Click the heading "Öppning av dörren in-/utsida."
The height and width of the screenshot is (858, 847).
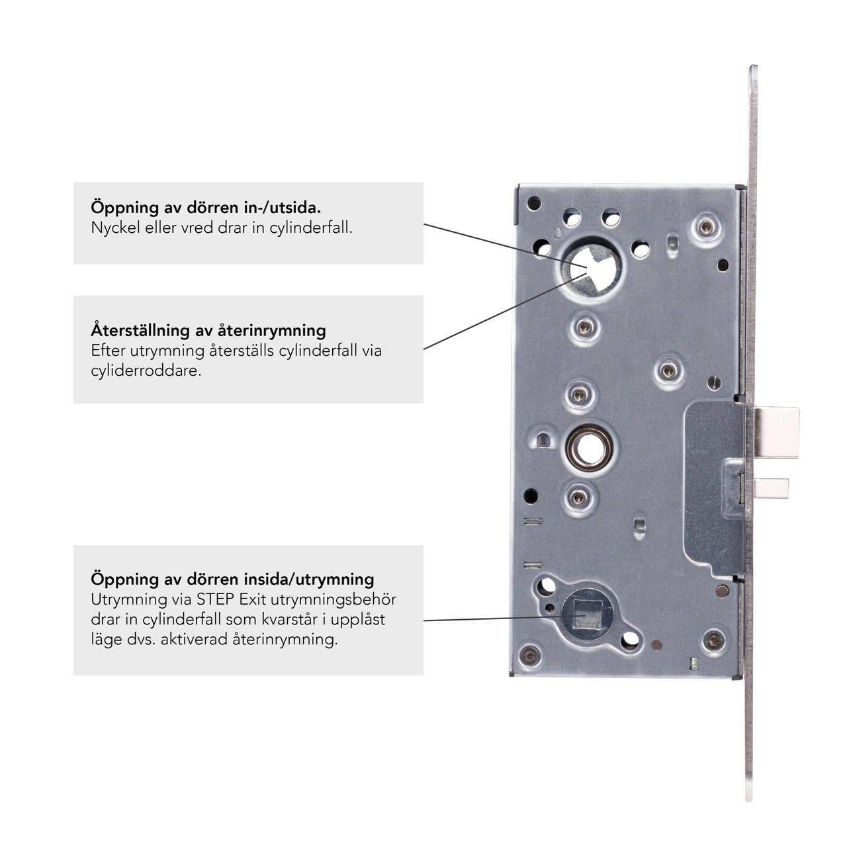[x=206, y=208]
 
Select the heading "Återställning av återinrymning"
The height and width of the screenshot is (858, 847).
[x=208, y=330]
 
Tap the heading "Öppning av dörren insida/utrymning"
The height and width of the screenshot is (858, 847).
[x=232, y=579]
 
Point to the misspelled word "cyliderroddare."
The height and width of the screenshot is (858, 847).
[x=146, y=370]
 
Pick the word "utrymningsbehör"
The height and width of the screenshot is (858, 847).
[x=334, y=600]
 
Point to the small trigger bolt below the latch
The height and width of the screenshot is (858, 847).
[x=772, y=488]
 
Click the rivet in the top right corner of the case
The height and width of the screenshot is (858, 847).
[x=705, y=227]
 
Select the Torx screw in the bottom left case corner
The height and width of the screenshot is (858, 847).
[x=530, y=654]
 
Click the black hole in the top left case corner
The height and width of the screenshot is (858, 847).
[x=534, y=204]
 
